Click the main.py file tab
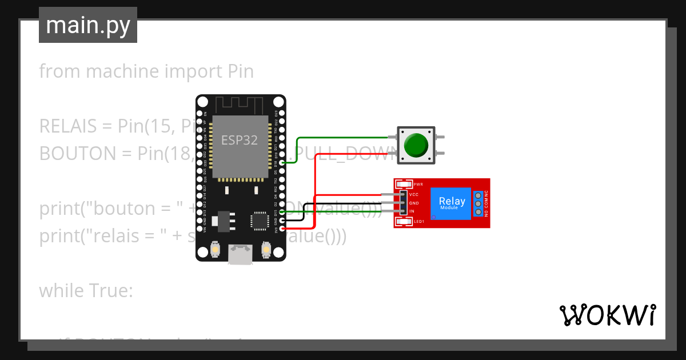click(x=87, y=25)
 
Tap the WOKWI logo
click(x=607, y=315)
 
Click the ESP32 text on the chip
click(x=239, y=140)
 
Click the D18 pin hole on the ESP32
click(x=281, y=163)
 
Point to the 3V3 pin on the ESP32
click(x=281, y=229)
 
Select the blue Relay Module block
click(x=451, y=203)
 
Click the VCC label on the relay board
click(x=414, y=195)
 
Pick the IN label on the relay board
click(x=411, y=211)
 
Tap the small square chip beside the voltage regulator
click(x=260, y=219)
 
